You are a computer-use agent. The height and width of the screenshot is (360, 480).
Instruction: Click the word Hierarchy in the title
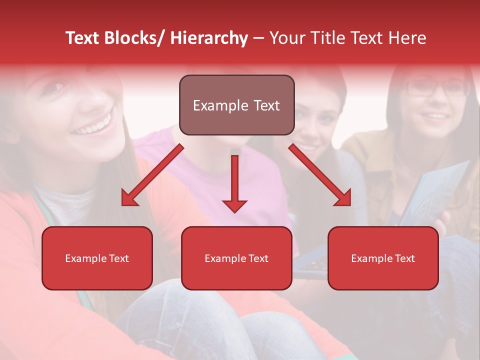(x=208, y=38)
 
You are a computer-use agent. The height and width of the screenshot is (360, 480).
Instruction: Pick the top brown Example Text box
(x=236, y=105)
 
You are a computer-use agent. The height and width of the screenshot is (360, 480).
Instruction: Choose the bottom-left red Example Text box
(x=97, y=258)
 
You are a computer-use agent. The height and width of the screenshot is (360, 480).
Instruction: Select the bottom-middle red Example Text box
(x=236, y=258)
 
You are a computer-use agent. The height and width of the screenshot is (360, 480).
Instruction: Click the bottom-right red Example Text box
(x=383, y=258)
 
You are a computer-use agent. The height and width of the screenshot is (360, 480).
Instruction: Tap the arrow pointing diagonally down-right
(x=320, y=175)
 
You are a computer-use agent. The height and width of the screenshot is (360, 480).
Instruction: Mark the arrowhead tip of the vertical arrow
(x=234, y=212)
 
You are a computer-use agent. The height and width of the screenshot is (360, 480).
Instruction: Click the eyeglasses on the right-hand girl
(x=436, y=88)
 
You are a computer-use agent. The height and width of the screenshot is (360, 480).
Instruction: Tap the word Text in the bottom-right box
(x=404, y=258)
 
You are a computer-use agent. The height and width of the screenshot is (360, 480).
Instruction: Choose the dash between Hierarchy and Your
(x=258, y=38)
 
